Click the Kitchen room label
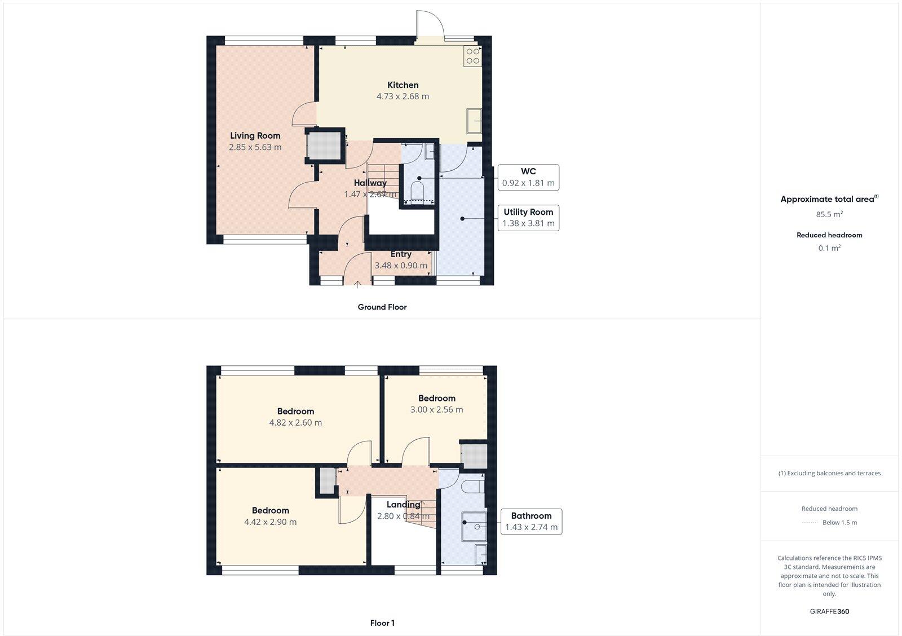[x=403, y=85]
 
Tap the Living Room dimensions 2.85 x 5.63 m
[x=255, y=147]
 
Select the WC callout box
[x=528, y=177]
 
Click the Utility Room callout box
[x=528, y=218]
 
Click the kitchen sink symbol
[x=474, y=121]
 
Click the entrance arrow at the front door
[x=357, y=284]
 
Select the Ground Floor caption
[x=382, y=307]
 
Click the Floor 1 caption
[x=382, y=623]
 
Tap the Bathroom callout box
[x=531, y=522]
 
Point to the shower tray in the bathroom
[x=474, y=525]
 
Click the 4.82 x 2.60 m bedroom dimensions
[x=295, y=423]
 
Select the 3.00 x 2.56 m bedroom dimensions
[x=436, y=410]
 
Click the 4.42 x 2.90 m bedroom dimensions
[x=270, y=522]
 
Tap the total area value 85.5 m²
[x=829, y=214]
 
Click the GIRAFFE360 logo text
[x=829, y=611]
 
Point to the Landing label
[x=403, y=505]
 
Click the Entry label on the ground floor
[x=401, y=254]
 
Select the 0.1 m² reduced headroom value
[x=829, y=248]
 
